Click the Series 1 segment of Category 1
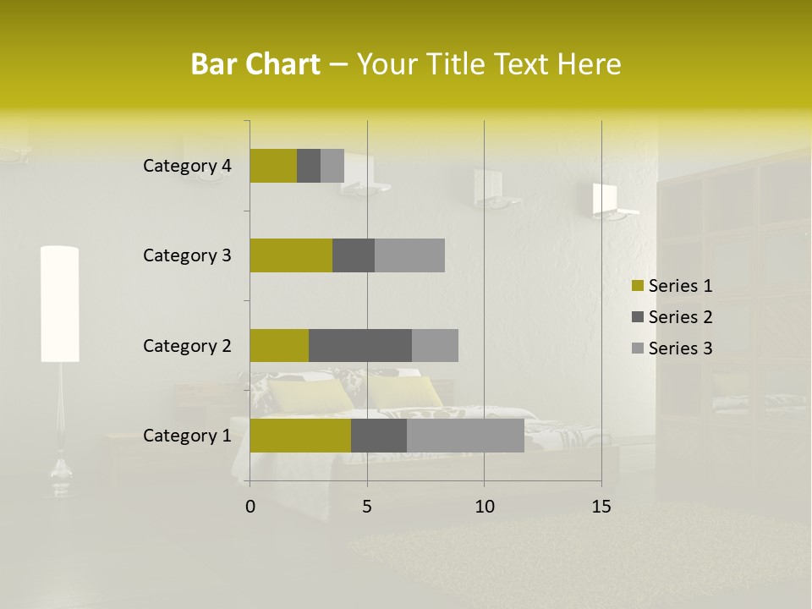[x=300, y=436]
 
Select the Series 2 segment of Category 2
[x=360, y=345]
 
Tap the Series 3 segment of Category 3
[x=409, y=255]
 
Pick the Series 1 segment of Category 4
[x=273, y=166]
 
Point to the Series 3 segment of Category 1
[x=465, y=436]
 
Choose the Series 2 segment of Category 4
[x=309, y=166]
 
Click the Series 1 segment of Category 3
[x=291, y=255]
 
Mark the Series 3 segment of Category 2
[x=435, y=345]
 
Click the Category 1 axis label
[x=187, y=436]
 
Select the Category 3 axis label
[x=187, y=255]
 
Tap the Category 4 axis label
[x=187, y=166]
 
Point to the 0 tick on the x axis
[x=250, y=507]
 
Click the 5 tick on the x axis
[x=367, y=507]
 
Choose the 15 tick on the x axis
[x=601, y=507]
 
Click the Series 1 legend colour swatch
[x=638, y=286]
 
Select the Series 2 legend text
[x=680, y=317]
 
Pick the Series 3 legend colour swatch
[x=638, y=348]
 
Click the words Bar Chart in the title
[x=255, y=64]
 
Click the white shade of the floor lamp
[x=60, y=304]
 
